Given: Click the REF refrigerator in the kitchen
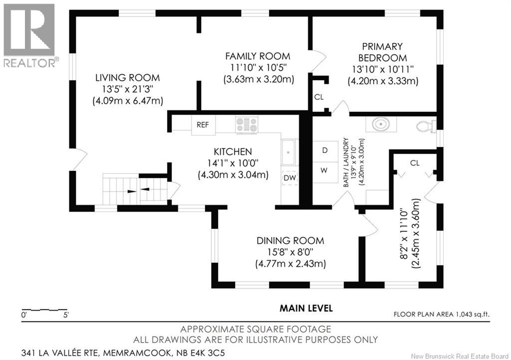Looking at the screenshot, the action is [203, 125].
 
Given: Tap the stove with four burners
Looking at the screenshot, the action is [247, 125].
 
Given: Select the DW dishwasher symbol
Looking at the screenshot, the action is [290, 178].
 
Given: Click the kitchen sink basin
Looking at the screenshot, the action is [288, 152].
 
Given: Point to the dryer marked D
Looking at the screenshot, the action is [325, 151].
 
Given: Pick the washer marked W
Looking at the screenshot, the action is [324, 171].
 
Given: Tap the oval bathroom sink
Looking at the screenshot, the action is [381, 124].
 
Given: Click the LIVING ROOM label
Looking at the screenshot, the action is [127, 77].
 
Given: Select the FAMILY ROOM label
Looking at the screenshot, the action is [257, 56].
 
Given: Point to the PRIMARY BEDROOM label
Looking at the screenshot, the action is [383, 52].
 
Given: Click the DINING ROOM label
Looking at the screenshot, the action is [290, 240].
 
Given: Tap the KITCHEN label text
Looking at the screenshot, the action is [233, 152].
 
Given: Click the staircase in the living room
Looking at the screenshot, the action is [135, 189].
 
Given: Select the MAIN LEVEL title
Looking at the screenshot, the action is [306, 308].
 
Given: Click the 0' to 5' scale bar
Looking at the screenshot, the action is [44, 310].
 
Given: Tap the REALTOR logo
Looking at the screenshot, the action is [29, 35].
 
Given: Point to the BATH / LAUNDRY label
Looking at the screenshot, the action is [346, 163].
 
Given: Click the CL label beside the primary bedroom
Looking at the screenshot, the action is [319, 97].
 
